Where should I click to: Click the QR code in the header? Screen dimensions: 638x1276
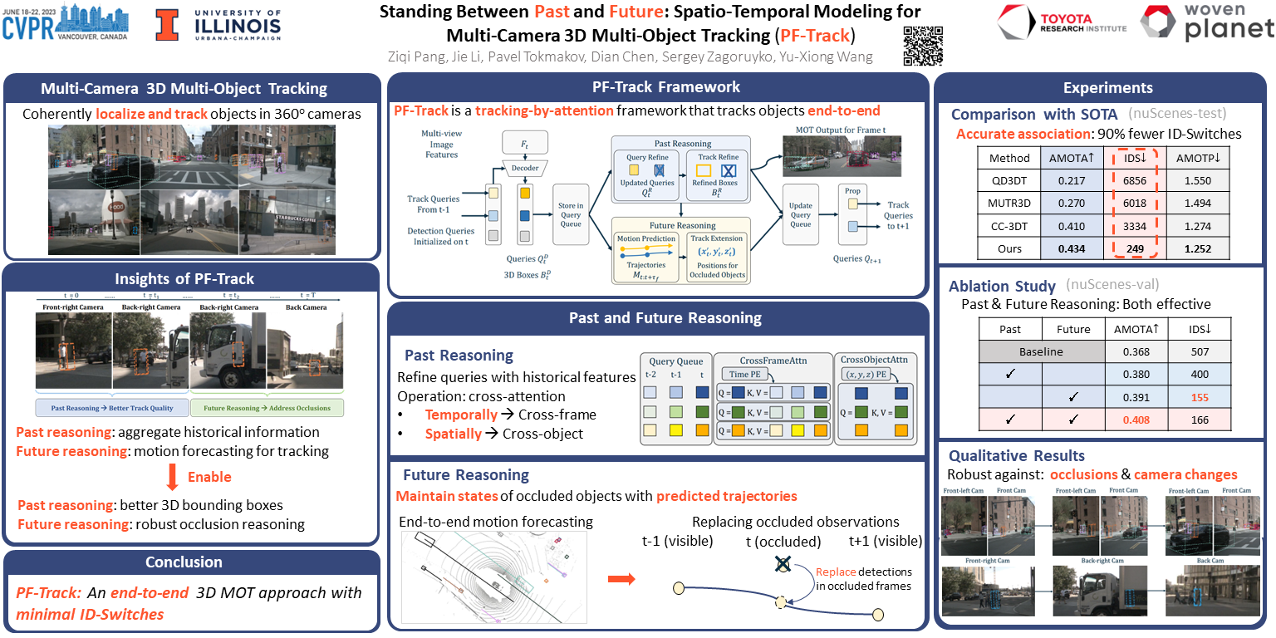(923, 44)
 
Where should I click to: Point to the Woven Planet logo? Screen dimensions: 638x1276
(1206, 23)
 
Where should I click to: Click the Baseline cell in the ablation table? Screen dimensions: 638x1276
(1041, 352)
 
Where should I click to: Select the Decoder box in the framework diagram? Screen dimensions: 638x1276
(524, 169)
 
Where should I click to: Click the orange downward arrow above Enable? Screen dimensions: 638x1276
(172, 477)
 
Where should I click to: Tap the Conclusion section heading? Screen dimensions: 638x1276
(184, 562)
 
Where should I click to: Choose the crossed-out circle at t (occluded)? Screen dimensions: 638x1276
(782, 565)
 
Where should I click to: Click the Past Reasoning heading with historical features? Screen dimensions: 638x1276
(459, 355)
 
